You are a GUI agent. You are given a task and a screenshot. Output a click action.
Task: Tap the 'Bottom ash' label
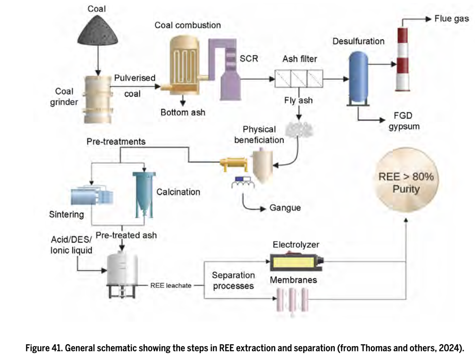point(182,113)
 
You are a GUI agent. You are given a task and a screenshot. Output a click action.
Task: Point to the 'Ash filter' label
point(300,60)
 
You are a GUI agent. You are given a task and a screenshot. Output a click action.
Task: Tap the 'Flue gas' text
point(451,19)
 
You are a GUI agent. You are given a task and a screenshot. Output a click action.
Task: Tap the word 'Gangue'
point(285,208)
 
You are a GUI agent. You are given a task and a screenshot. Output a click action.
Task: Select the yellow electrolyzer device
point(296,260)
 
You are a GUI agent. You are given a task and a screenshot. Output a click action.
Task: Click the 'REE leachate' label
point(172,286)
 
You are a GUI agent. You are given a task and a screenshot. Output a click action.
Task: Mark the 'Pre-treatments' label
point(116,142)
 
